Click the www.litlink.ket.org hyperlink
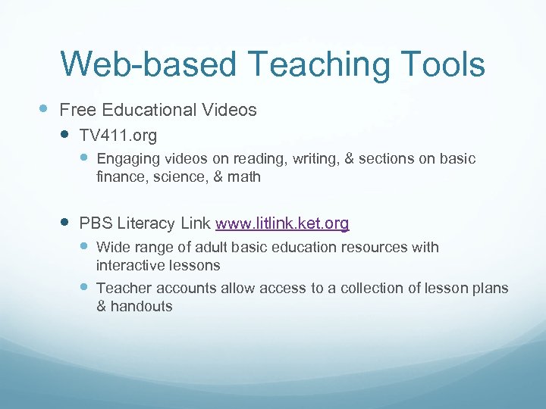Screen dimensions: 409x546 [x=282, y=223]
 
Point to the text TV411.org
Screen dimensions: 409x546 [x=118, y=137]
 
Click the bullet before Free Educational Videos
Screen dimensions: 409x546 [x=44, y=109]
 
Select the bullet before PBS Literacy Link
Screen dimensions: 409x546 [x=66, y=223]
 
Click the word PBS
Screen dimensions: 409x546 [x=95, y=223]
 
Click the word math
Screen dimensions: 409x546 [x=244, y=177]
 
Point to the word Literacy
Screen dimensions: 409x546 [x=144, y=223]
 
